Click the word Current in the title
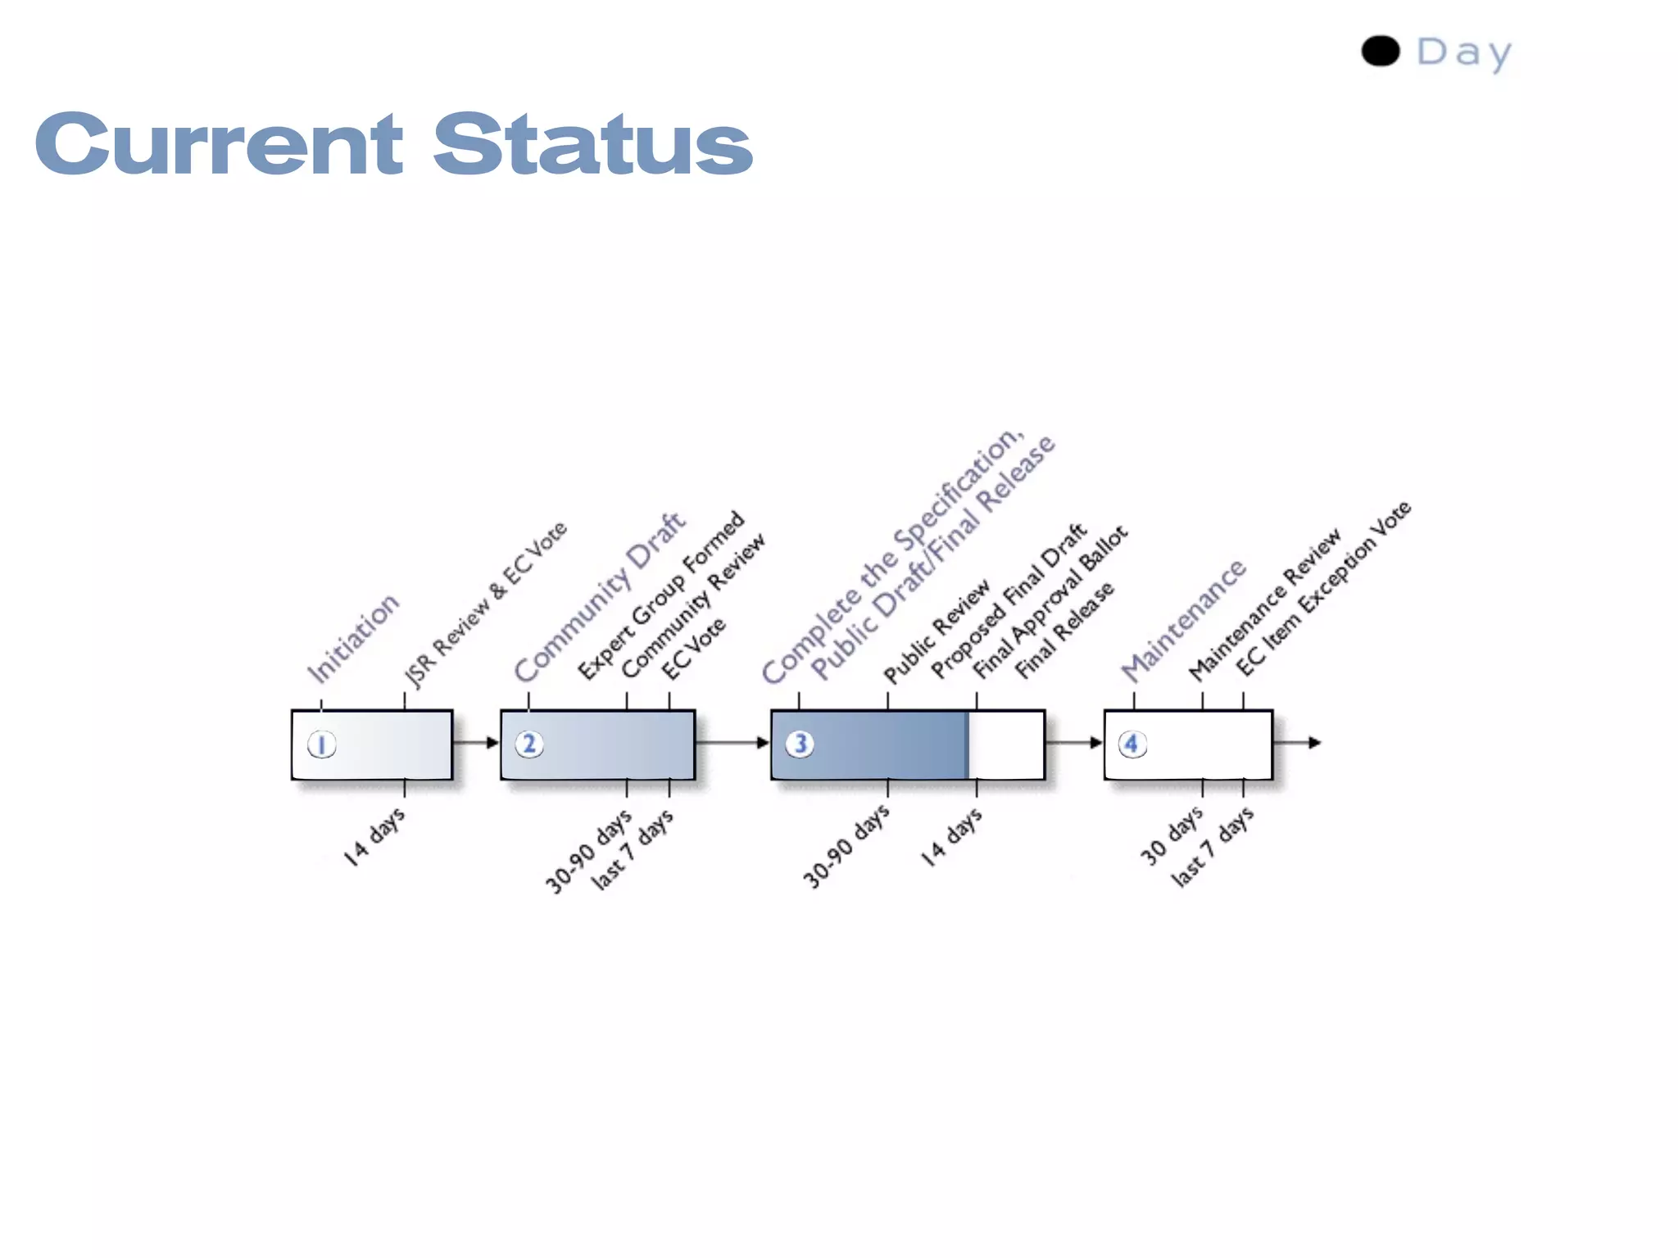click(219, 144)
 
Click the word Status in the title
click(592, 144)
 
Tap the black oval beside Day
click(1381, 51)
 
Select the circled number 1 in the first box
click(321, 744)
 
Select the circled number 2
click(529, 744)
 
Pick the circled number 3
click(800, 744)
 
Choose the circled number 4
click(1132, 744)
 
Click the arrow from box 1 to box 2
click(476, 743)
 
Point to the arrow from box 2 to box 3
click(732, 743)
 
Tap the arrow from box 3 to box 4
click(1074, 743)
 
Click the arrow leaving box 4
click(1298, 743)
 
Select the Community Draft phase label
click(599, 597)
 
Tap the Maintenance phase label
click(1183, 620)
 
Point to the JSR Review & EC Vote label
click(485, 604)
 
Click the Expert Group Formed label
click(661, 595)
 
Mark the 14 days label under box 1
click(374, 836)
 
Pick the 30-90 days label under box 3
click(846, 846)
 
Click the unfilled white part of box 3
click(1006, 744)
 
